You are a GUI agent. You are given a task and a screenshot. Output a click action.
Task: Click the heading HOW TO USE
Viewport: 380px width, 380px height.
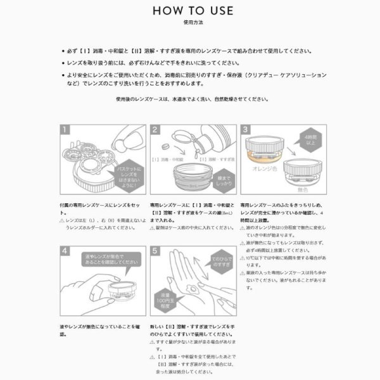(x=190, y=11)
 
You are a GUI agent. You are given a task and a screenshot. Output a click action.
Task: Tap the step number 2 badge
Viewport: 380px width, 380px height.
(x=155, y=130)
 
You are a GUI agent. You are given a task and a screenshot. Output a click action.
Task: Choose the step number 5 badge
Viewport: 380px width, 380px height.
(x=155, y=251)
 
